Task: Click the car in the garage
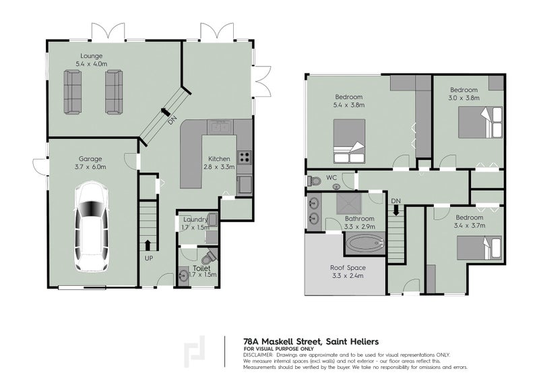(x=92, y=227)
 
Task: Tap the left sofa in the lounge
(x=73, y=92)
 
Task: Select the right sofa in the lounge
(x=114, y=92)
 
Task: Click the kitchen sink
(x=220, y=127)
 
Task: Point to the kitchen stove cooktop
(x=245, y=157)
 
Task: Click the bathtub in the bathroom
(x=365, y=243)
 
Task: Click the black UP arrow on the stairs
(x=148, y=245)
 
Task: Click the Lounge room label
(x=92, y=56)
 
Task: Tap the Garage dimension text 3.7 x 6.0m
(x=90, y=167)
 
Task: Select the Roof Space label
(x=348, y=268)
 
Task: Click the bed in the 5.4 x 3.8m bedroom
(x=349, y=141)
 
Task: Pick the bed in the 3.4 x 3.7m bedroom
(x=480, y=247)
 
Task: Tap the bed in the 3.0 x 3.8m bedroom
(x=480, y=122)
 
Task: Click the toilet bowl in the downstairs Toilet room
(x=208, y=257)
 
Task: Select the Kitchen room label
(x=220, y=158)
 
